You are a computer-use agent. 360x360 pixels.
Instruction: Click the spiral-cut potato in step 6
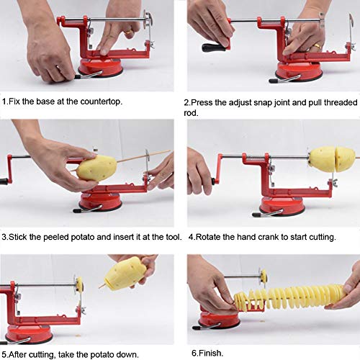click(x=288, y=296)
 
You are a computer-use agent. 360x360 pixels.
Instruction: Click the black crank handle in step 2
click(x=213, y=48)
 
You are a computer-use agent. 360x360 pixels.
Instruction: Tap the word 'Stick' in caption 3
click(x=19, y=235)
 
